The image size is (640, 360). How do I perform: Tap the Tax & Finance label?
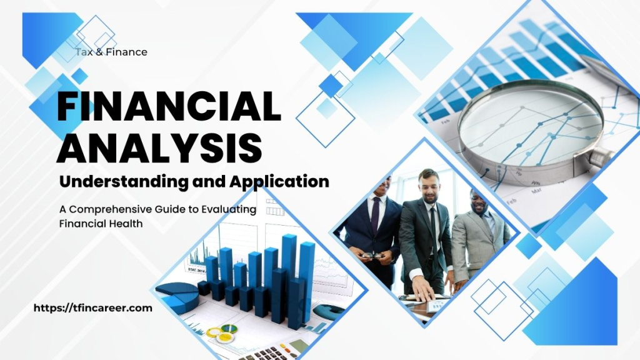111,52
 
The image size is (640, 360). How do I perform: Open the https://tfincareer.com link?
92,307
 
